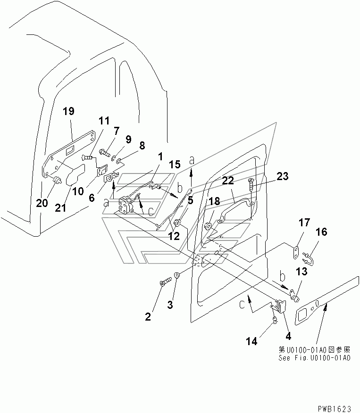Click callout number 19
tap(68, 111)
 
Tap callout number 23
tap(282, 176)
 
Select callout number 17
tap(304, 223)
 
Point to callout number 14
tap(251, 341)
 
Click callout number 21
tap(60, 208)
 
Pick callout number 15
tap(175, 165)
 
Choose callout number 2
tap(148, 317)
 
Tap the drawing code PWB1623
tap(335, 409)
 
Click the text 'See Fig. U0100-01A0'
tap(314, 358)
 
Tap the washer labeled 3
tap(176, 275)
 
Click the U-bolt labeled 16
tap(308, 257)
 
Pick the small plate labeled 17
tap(296, 253)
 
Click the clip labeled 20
tap(57, 180)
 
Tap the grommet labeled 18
tap(208, 226)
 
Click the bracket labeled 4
tap(279, 306)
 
